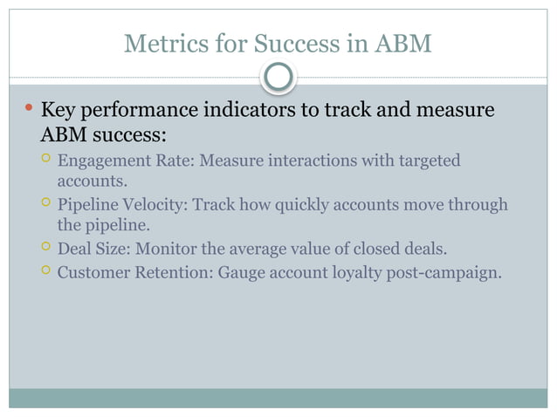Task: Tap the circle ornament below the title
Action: pos(278,79)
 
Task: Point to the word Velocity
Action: pos(154,206)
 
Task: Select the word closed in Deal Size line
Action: pos(379,250)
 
